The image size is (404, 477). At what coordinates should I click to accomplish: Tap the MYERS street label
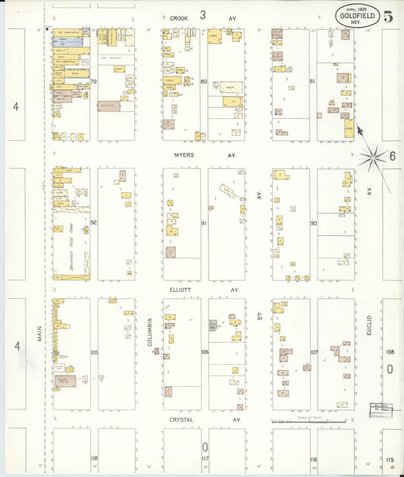pos(183,155)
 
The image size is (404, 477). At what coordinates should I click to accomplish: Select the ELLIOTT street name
pos(183,290)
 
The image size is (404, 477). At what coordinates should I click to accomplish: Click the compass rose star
pos(372,158)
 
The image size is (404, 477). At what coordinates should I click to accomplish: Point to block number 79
pos(94,81)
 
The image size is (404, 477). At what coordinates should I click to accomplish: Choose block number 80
pos(204,81)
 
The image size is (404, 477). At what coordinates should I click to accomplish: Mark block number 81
pos(312,81)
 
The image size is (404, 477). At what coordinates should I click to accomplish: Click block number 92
pos(94,223)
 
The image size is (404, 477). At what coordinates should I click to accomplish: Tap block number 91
pos(204,223)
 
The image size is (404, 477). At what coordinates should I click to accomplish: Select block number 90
pos(313,223)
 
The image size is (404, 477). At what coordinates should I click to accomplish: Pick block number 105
pos(94,353)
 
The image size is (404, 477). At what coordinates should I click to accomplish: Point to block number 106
pos(204,353)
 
